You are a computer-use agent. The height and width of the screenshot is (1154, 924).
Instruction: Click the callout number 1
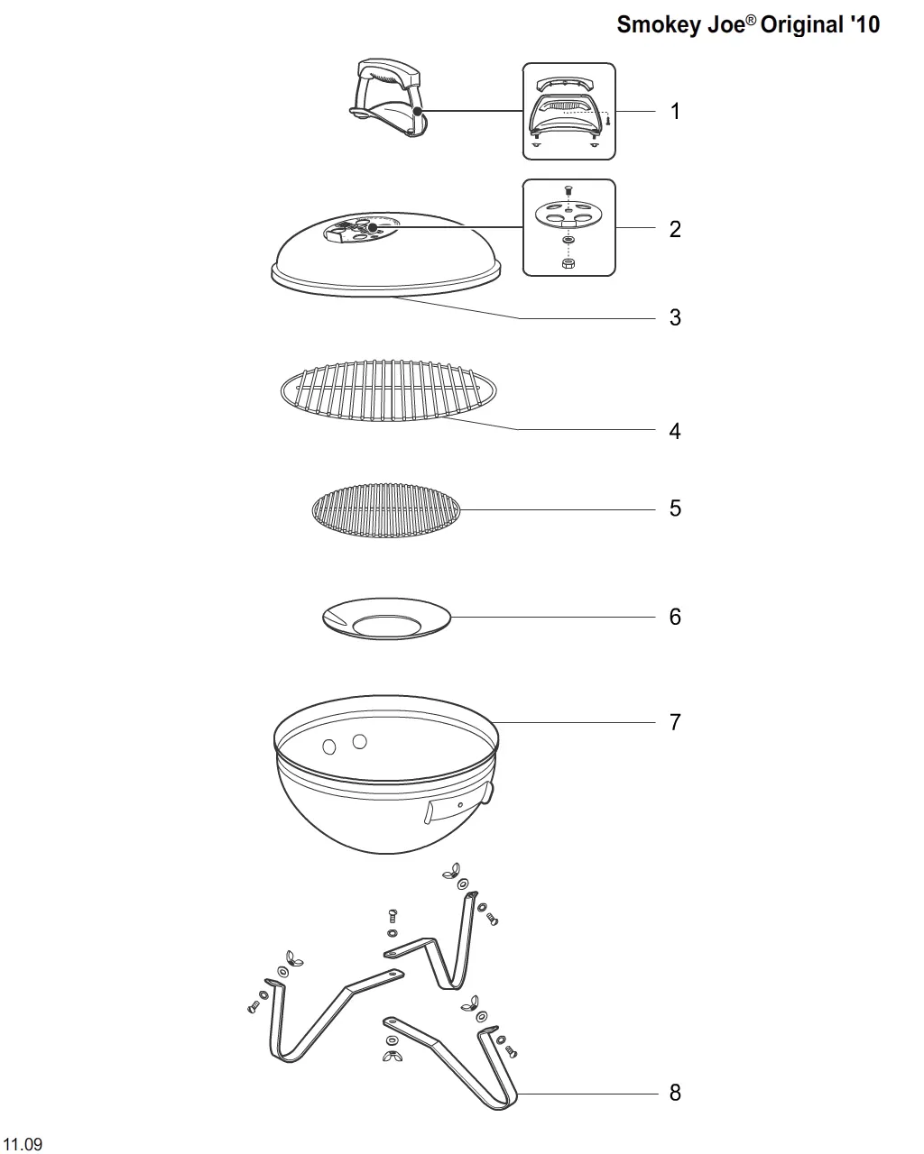tap(675, 112)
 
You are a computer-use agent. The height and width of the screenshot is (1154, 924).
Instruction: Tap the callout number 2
tap(675, 230)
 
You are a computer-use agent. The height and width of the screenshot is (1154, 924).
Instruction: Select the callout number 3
tap(675, 317)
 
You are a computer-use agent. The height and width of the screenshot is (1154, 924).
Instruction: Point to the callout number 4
tap(675, 431)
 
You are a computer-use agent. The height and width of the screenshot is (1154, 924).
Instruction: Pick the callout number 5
tap(675, 508)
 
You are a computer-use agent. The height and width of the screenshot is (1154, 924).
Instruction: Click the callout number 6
tap(675, 617)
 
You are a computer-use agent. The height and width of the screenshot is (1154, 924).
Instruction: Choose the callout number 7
tap(675, 722)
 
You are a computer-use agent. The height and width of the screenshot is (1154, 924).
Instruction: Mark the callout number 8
tap(675, 1093)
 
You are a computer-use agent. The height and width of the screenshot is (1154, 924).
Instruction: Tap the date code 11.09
tap(22, 1144)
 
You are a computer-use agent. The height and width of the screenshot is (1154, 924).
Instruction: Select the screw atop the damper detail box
tap(568, 190)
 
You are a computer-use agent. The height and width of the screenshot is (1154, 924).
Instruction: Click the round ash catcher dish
tap(386, 618)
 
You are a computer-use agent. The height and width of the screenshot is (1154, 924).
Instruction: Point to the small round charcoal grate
tap(386, 510)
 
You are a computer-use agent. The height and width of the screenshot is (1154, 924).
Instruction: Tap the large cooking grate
tap(388, 390)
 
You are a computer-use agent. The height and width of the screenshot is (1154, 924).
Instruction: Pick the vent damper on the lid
tap(360, 229)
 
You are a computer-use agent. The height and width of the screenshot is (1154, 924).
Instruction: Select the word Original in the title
tap(803, 25)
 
